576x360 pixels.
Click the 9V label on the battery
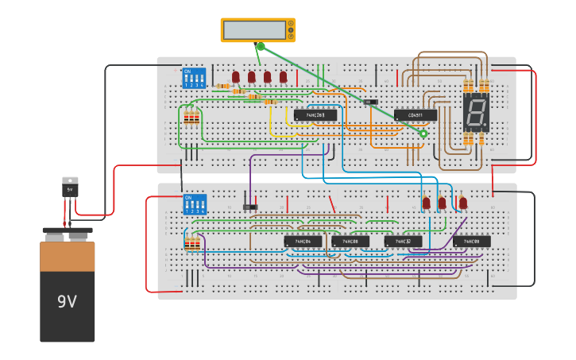(67, 302)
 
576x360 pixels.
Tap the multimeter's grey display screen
(254, 30)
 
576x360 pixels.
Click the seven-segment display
(476, 112)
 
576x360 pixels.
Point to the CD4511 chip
(416, 115)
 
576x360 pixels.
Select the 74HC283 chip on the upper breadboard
(315, 115)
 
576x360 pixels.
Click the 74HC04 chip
(303, 241)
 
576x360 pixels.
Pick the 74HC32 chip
(403, 241)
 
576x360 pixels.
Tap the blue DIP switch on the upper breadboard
(194, 78)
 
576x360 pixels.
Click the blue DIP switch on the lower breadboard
(195, 204)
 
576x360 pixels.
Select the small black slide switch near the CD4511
(369, 102)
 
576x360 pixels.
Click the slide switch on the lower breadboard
(250, 207)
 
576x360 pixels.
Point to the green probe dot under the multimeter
(260, 46)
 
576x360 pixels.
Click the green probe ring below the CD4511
(423, 134)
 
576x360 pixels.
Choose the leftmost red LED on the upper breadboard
(236, 77)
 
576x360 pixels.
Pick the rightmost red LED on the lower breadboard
(463, 203)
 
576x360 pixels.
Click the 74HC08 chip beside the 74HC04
(350, 241)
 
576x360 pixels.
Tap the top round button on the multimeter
(291, 24)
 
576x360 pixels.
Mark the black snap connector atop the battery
(68, 234)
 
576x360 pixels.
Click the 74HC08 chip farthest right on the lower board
(472, 241)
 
